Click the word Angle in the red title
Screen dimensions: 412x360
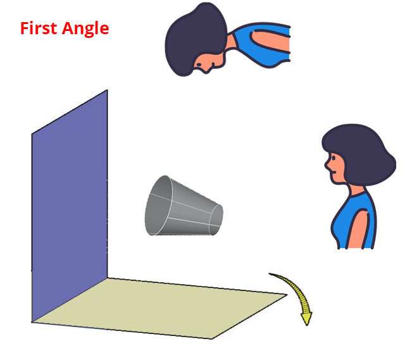85,29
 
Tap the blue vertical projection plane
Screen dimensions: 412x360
70,205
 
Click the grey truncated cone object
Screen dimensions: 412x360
184,206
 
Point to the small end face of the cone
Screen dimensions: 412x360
216,220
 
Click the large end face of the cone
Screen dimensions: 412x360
158,205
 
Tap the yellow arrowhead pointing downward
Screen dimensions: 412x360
307,318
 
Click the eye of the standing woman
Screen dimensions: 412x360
334,158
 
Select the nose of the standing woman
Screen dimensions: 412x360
327,166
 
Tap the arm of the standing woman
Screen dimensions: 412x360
358,228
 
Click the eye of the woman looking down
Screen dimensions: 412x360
199,65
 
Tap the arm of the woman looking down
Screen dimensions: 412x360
271,42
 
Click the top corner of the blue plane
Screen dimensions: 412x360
107,90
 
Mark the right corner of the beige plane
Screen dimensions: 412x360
287,295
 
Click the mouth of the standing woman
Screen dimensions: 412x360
333,172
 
